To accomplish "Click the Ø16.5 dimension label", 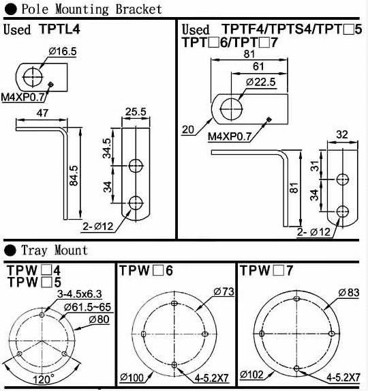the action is click(x=63, y=51).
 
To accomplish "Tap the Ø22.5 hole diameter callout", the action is click(x=261, y=82).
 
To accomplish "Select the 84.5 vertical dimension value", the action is click(x=74, y=175).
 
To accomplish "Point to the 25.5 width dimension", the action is click(x=136, y=111).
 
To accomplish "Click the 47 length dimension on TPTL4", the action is click(x=42, y=113).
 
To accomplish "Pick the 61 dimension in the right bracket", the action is click(x=258, y=66).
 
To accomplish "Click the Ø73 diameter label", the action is click(x=224, y=291).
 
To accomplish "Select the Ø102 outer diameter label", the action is click(x=251, y=375).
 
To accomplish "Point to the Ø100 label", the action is click(x=132, y=377).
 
